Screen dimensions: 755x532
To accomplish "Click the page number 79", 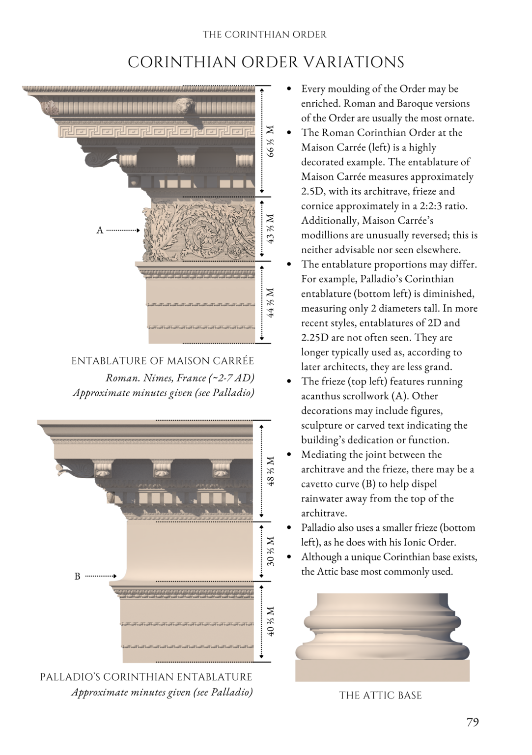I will [472, 722].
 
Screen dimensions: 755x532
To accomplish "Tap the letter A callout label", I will [100, 230].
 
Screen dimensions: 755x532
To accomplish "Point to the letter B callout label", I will [77, 576].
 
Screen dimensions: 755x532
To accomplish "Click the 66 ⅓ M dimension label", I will [270, 142].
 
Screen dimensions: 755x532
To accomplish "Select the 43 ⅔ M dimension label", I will [270, 229].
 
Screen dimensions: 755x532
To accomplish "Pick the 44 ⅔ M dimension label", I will [270, 302].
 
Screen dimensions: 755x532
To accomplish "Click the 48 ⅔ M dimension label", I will [270, 471].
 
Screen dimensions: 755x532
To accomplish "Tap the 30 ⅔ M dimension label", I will [270, 551].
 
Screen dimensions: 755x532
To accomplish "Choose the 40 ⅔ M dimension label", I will [270, 621].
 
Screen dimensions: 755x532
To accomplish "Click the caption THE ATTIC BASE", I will [380, 695].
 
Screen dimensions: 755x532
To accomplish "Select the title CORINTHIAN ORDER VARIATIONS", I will [266, 62].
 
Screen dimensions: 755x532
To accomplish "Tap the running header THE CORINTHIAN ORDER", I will [264, 34].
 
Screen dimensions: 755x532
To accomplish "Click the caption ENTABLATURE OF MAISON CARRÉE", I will [163, 361].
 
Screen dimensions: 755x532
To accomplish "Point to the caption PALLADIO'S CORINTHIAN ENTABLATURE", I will [146, 677].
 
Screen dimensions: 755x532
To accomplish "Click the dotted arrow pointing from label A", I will [123, 230].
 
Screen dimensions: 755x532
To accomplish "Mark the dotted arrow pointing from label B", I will [101, 576].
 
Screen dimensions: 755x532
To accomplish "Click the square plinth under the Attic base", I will [382, 670].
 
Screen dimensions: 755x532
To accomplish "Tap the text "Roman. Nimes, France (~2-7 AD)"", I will [180, 378].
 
